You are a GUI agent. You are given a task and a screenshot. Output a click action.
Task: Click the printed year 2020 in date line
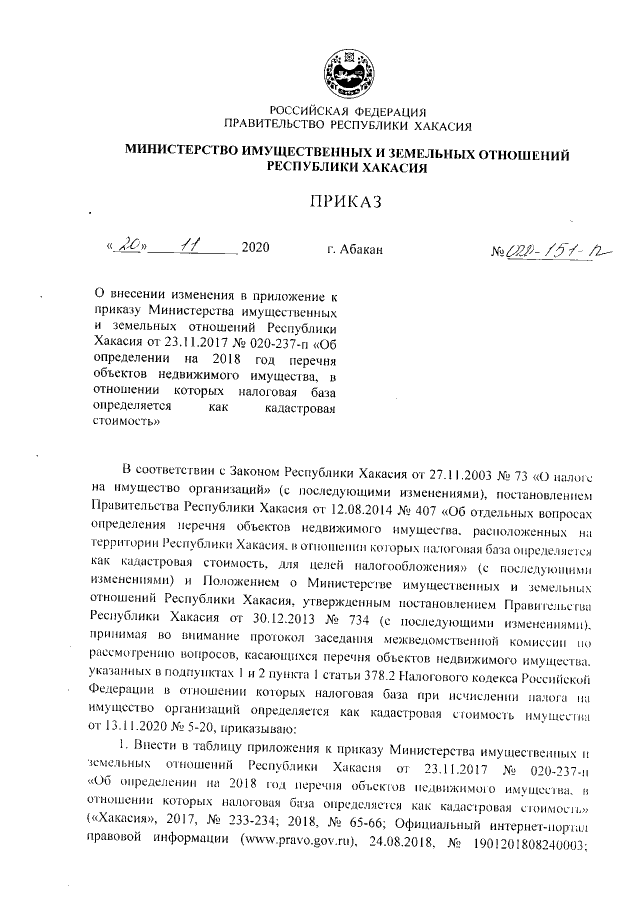coord(256,247)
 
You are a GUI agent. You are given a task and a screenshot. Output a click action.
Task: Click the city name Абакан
coord(355,247)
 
